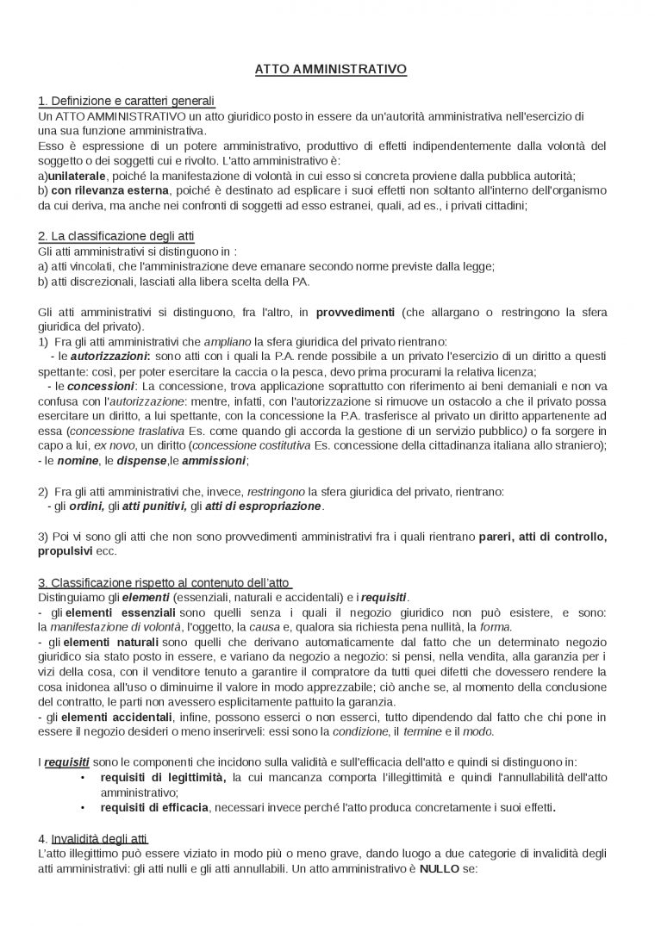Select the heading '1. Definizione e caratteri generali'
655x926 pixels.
[x=126, y=102]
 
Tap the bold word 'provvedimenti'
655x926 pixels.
[x=355, y=312]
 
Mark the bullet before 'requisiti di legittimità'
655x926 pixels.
[x=82, y=777]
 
